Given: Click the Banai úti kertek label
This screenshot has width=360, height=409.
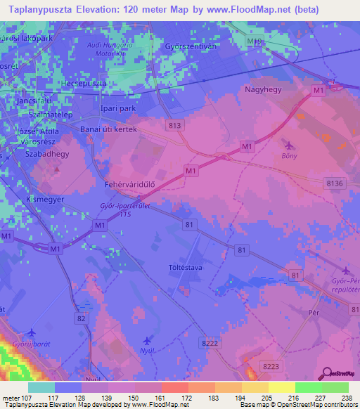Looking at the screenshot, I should click(108, 130).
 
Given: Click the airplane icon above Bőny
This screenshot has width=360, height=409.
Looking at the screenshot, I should click(288, 145).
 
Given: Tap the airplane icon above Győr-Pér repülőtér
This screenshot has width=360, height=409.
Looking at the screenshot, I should click(345, 271).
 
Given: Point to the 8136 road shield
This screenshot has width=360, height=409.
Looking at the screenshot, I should click(335, 183).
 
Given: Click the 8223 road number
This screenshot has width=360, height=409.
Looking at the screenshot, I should click(269, 366).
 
